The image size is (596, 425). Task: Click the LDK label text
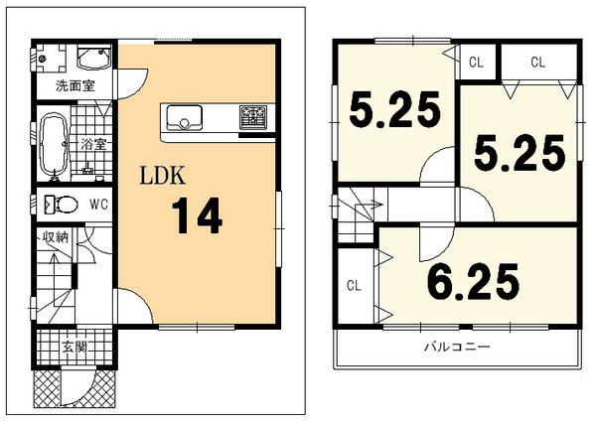[x=163, y=176]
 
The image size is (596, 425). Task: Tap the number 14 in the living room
[x=197, y=215]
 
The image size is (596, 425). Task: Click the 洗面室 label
[x=75, y=85]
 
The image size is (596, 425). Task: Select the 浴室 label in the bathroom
[x=94, y=144]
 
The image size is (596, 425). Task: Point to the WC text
[x=98, y=205]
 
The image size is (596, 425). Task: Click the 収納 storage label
[x=55, y=237]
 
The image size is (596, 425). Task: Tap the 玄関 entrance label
[x=74, y=348]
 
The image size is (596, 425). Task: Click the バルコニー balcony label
[x=457, y=347]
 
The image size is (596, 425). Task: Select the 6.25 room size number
[x=473, y=281]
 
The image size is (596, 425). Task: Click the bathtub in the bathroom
[x=54, y=145]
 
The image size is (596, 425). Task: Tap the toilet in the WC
[x=61, y=205]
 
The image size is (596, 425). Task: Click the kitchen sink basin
[x=185, y=118]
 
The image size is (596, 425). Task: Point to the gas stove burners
[x=253, y=115]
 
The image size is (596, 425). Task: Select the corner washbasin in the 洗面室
[x=94, y=58]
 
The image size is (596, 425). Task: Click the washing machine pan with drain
[x=51, y=59]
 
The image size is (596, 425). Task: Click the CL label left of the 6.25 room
[x=354, y=285]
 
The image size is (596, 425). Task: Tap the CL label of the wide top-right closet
[x=537, y=62]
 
